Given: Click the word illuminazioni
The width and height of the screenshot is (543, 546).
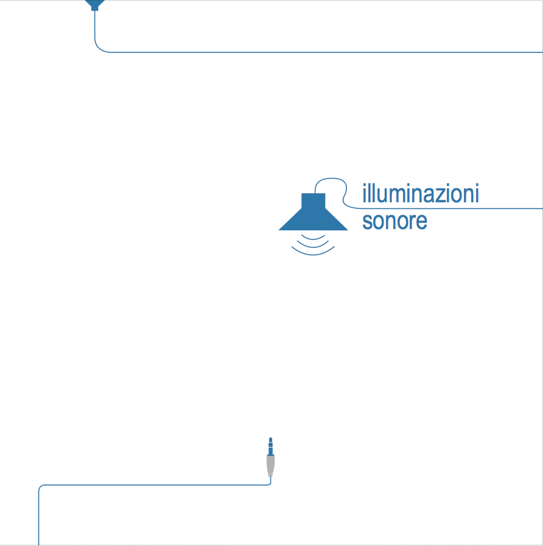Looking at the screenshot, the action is [420, 194].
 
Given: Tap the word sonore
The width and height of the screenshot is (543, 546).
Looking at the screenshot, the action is [394, 221].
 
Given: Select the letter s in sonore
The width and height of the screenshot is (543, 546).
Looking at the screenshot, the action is [367, 221].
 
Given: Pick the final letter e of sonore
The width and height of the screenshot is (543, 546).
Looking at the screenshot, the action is [421, 221].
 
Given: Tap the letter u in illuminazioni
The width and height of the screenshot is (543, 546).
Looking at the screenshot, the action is [379, 196].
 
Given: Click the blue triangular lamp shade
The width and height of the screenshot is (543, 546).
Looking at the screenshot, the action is [313, 220].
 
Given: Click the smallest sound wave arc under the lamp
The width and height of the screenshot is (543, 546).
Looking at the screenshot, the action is [314, 236].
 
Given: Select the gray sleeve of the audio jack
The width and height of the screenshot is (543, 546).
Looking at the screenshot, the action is [270, 466].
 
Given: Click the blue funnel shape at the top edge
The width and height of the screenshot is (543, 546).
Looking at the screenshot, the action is [94, 5].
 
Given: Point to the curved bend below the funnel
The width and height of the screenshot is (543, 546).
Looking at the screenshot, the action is [99, 48].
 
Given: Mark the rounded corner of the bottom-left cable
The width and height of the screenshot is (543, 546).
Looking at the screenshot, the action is [41, 487].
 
